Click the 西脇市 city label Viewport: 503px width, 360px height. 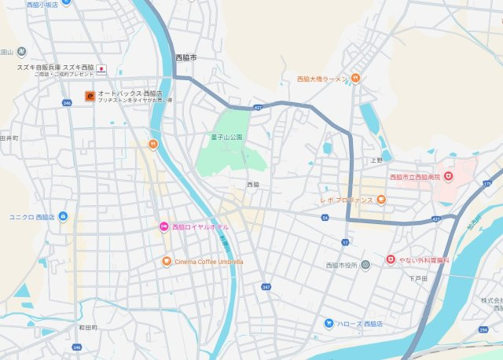(186, 57)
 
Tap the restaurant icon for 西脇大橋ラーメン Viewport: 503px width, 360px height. (355, 78)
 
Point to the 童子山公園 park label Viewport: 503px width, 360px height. (227, 137)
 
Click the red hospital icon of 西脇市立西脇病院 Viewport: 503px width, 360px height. (450, 177)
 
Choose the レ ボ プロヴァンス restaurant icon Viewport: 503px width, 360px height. (380, 200)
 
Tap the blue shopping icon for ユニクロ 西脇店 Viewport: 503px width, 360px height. (63, 216)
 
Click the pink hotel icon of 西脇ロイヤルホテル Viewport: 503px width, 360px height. (164, 226)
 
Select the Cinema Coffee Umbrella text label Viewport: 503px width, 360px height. (209, 261)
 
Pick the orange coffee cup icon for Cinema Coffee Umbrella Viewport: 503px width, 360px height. (167, 261)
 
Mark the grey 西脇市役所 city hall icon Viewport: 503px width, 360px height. (365, 264)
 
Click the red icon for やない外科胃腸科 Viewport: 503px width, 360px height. (391, 259)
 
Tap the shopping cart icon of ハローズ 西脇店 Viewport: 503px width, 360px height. (329, 324)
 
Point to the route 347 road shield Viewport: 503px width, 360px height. (266, 288)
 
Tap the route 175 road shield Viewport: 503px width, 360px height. (486, 182)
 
